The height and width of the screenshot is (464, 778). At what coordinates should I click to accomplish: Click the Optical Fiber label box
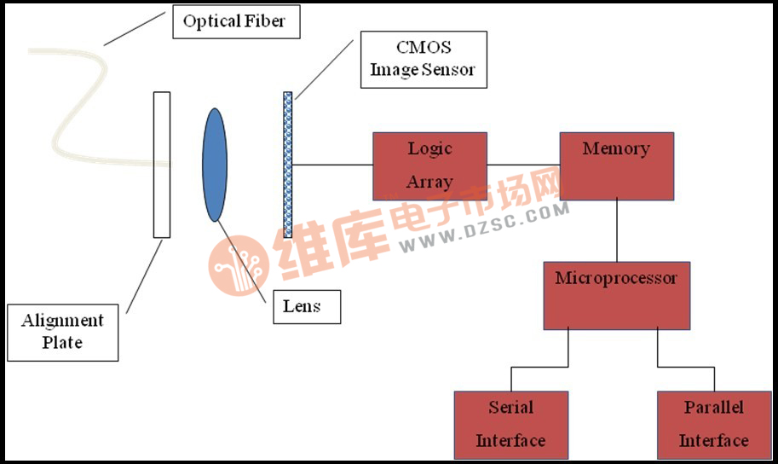tap(236, 21)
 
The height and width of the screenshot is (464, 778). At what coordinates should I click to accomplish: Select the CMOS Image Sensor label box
tap(423, 60)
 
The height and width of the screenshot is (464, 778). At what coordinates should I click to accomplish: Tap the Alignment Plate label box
tap(63, 331)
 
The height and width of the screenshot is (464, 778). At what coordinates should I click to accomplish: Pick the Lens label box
tap(307, 306)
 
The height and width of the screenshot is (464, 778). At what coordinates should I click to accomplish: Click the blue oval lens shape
tap(215, 165)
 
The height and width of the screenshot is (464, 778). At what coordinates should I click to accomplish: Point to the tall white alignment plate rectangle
tap(162, 164)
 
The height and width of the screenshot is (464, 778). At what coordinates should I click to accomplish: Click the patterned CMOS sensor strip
tap(288, 164)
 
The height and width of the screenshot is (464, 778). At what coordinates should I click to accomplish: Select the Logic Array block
tap(429, 165)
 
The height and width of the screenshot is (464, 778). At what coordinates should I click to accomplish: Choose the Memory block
tap(616, 165)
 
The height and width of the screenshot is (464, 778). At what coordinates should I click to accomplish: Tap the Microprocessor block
tap(616, 295)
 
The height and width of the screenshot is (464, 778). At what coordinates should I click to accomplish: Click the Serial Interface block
tap(510, 424)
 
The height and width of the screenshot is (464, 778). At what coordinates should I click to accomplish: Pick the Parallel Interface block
tap(714, 424)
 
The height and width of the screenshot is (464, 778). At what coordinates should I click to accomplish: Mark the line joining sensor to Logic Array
tap(332, 165)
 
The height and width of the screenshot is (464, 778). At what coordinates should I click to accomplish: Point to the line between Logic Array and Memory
tap(523, 165)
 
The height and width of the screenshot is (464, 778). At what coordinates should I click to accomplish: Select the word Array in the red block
tap(429, 182)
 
